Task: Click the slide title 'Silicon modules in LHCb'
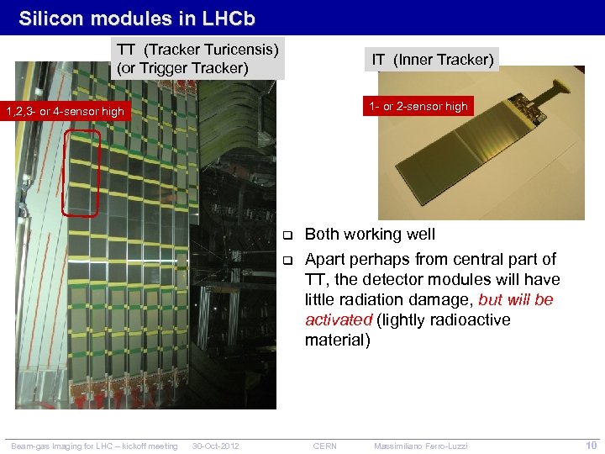click(x=136, y=18)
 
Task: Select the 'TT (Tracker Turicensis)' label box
click(x=197, y=56)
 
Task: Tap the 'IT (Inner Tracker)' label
click(x=433, y=59)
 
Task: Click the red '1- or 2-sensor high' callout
click(x=417, y=106)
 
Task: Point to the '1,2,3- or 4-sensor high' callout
click(x=65, y=111)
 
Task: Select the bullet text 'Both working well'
click(x=370, y=234)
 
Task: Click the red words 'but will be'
click(x=516, y=299)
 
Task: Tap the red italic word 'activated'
click(x=338, y=319)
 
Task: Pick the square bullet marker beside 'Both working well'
click(x=286, y=235)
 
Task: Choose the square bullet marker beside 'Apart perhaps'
click(x=286, y=259)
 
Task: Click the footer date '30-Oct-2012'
click(x=216, y=446)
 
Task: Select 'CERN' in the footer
click(x=324, y=446)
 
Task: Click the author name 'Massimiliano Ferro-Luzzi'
click(x=420, y=446)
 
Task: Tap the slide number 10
click(x=591, y=445)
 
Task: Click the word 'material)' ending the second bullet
click(x=337, y=340)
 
